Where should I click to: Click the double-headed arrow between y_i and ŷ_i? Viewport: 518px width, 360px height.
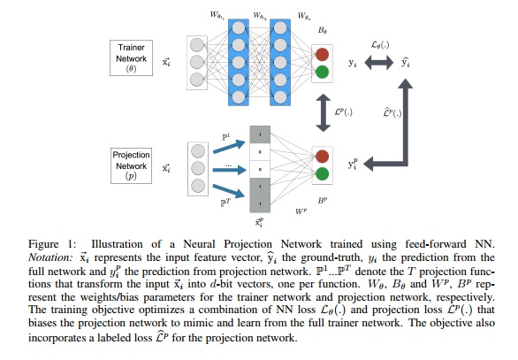tap(378, 64)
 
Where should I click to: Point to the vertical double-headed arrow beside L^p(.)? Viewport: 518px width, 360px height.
tap(324, 111)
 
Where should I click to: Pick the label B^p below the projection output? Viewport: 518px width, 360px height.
tap(324, 203)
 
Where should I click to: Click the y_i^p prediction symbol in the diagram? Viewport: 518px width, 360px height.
tap(355, 163)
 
